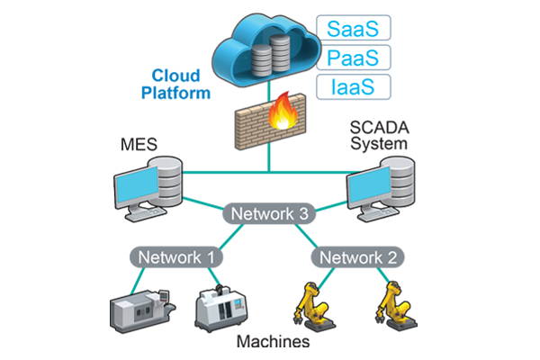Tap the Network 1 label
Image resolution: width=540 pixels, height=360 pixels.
click(176, 257)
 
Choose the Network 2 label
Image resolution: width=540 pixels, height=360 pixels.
click(358, 257)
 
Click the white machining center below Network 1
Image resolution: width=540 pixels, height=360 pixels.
click(220, 308)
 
